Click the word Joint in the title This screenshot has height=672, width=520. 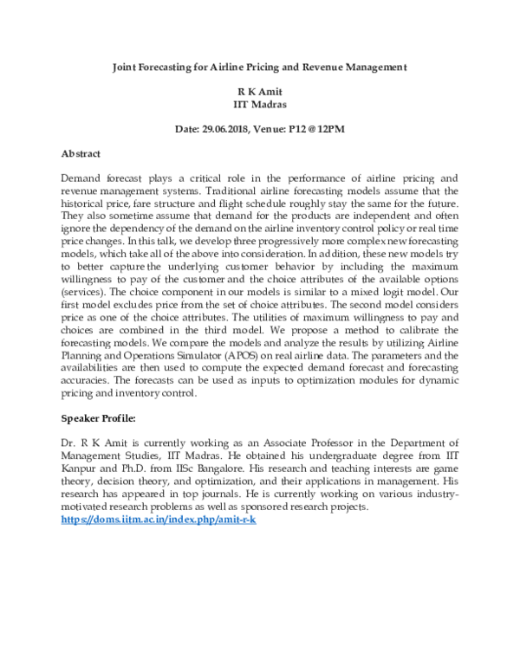(129, 66)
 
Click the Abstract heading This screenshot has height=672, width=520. (81, 153)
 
